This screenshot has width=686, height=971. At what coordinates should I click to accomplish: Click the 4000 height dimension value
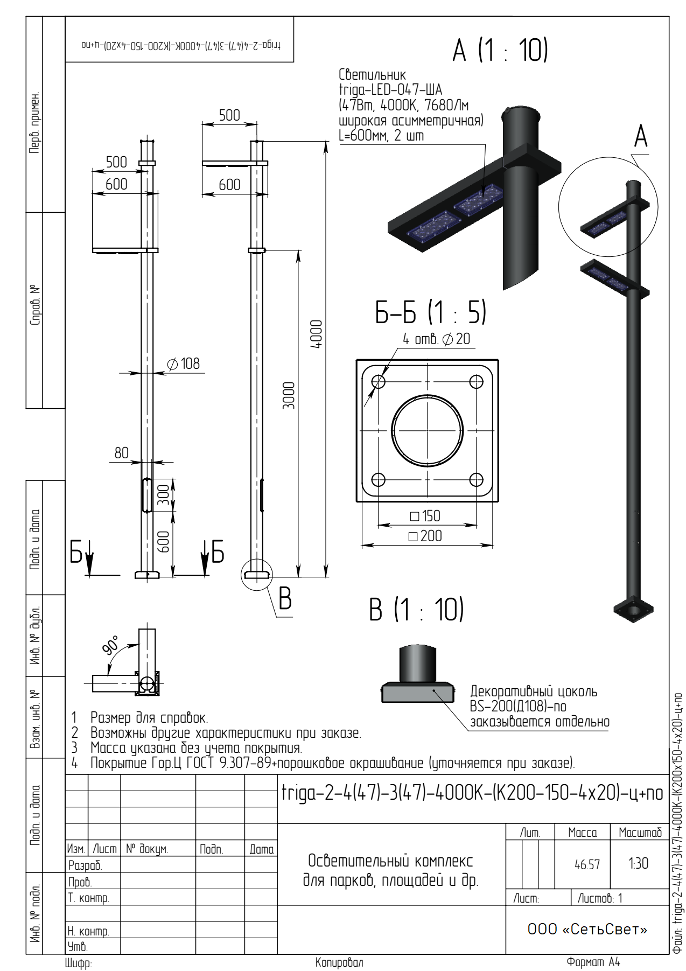317,334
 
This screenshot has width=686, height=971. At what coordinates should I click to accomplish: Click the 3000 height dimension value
289,395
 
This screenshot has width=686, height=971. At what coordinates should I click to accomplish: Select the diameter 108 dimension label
184,364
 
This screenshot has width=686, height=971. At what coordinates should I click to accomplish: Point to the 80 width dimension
122,453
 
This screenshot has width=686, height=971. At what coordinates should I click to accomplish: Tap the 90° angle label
111,645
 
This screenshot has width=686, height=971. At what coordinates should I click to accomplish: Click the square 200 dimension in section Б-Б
425,536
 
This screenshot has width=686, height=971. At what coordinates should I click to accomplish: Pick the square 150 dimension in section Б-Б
425,516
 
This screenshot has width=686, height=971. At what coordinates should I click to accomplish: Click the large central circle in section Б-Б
427,431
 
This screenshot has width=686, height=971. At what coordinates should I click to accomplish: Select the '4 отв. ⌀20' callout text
437,339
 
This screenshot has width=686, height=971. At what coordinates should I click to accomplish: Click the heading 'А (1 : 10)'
500,50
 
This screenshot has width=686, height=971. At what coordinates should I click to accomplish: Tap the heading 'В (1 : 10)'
416,610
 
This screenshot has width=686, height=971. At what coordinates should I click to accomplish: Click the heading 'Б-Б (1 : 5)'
431,312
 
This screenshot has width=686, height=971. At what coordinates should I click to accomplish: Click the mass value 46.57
587,864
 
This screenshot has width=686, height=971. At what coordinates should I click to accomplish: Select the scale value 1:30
639,863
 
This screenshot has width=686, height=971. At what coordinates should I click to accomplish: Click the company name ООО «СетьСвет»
587,929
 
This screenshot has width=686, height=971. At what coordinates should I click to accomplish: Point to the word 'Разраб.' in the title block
85,865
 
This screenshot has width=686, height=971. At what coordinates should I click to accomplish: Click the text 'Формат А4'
593,962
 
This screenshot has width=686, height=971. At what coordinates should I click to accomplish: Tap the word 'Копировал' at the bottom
339,962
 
